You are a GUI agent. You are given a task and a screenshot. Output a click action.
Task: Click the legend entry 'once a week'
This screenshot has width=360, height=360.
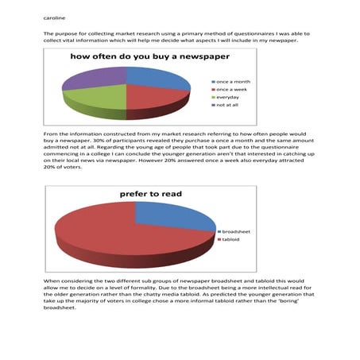(231, 90)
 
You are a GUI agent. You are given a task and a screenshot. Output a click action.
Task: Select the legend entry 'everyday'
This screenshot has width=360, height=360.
(228, 97)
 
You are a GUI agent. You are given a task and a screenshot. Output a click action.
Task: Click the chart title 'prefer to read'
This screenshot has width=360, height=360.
(151, 194)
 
